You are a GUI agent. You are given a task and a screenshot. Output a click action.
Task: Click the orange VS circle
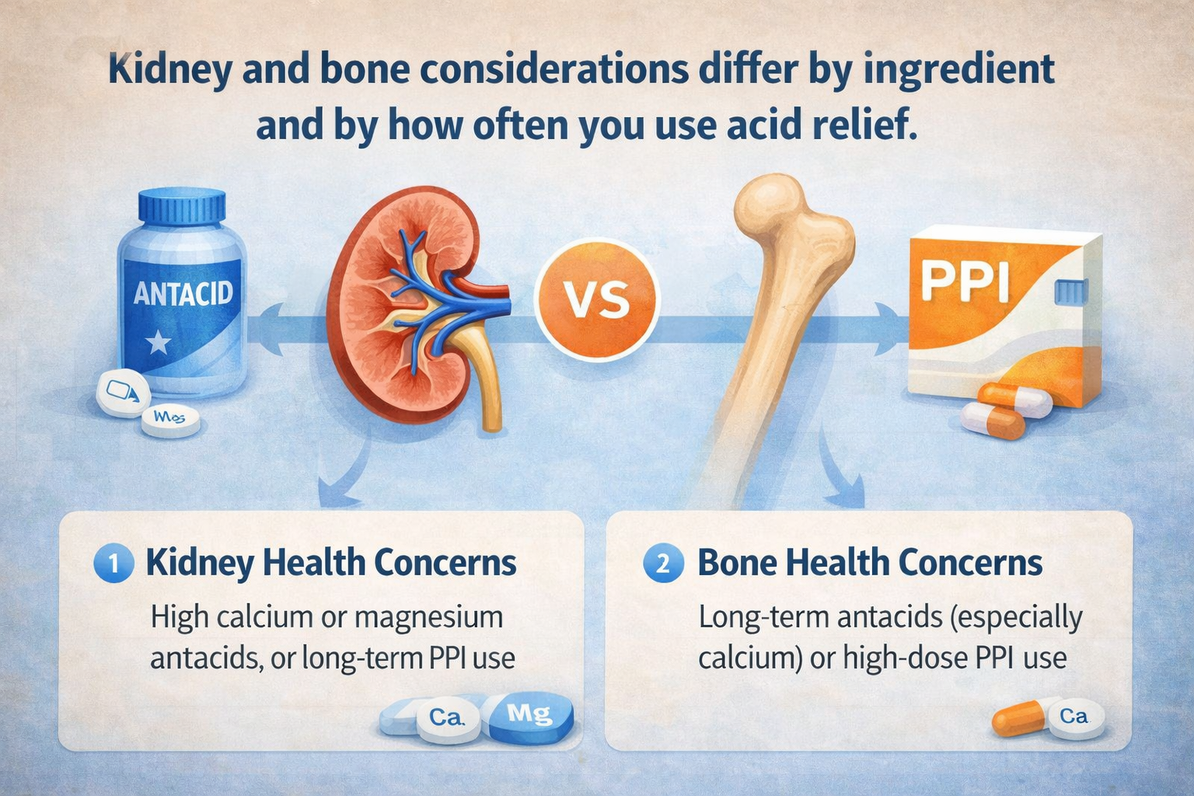coord(597,298)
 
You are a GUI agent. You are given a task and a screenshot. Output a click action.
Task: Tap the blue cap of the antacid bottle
coord(182,206)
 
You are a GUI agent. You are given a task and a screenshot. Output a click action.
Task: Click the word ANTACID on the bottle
coord(183,293)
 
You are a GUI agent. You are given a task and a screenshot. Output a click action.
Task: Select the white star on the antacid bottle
coord(159,341)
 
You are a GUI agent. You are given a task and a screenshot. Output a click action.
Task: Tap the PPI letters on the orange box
coord(965,281)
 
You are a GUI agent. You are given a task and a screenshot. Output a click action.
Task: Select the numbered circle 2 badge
coord(663,564)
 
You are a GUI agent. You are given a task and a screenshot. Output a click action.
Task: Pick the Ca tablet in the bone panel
coord(1074,716)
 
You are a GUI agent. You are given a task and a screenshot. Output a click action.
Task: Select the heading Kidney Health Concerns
coord(331,563)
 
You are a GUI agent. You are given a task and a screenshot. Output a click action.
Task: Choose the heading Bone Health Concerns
coord(870,563)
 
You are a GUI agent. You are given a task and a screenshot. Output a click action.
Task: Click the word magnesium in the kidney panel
coord(428,618)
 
